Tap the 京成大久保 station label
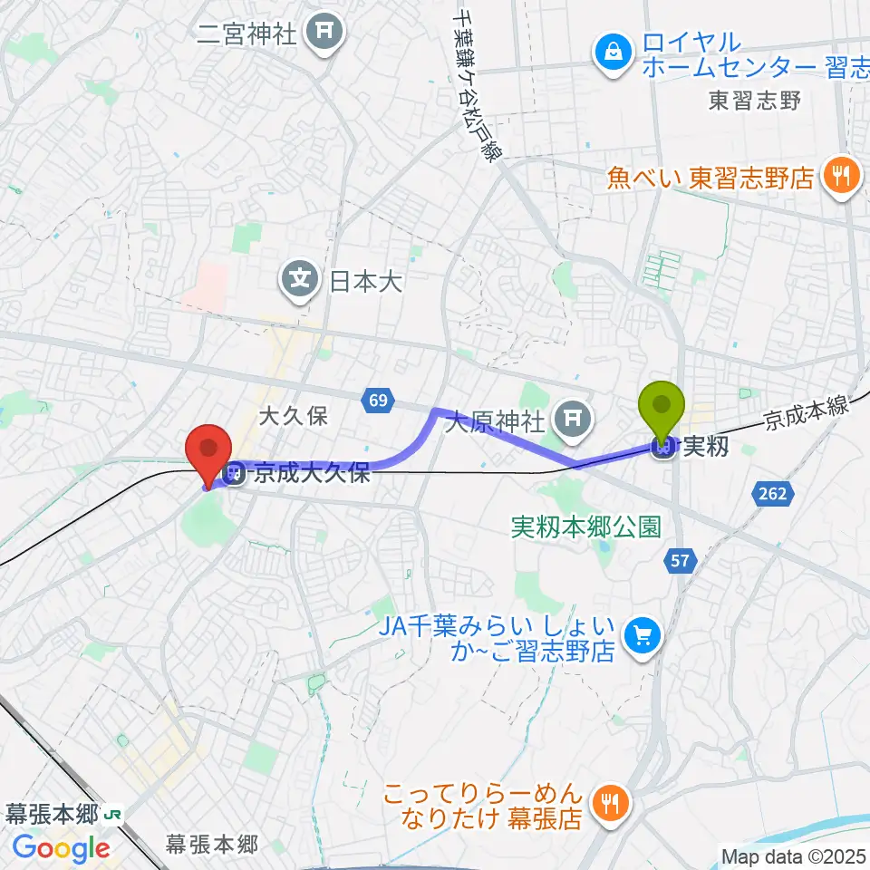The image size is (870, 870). [x=312, y=473]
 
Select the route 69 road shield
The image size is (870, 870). [x=378, y=400]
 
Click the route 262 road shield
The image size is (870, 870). [x=773, y=494]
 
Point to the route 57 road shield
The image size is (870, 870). [x=681, y=562]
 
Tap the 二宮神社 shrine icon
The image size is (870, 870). [x=324, y=34]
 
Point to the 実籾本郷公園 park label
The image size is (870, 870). [x=585, y=527]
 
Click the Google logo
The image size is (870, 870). [x=62, y=848]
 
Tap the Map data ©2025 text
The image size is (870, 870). [x=793, y=855]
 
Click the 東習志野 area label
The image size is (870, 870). [x=755, y=101]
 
